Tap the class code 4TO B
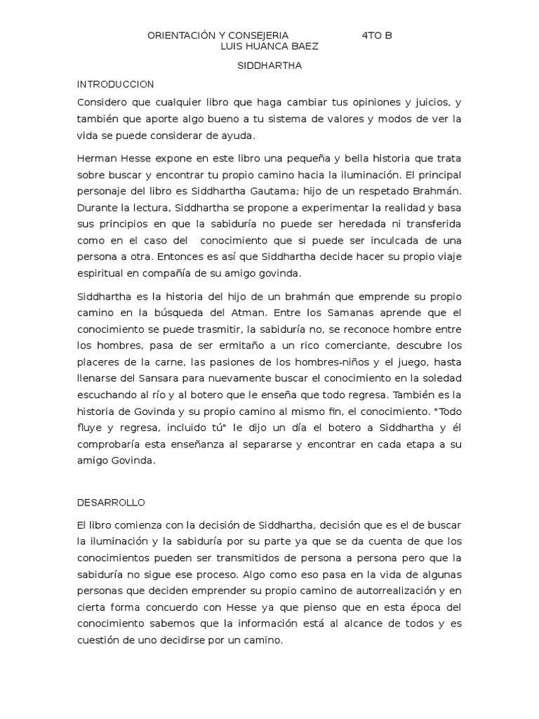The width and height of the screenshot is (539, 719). [x=378, y=35]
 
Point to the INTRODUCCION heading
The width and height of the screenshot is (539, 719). [x=115, y=84]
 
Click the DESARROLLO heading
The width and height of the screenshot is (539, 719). [x=110, y=503]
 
